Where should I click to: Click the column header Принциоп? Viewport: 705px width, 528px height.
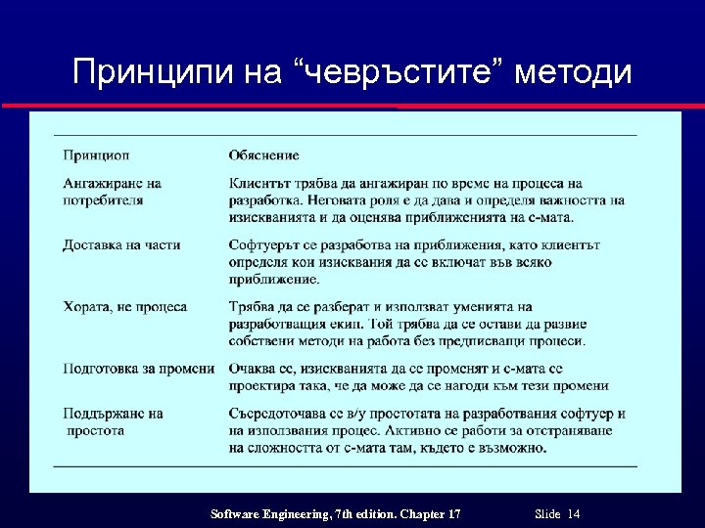click(96, 155)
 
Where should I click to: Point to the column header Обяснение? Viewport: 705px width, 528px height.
click(263, 155)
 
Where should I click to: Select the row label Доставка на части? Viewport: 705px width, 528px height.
click(121, 244)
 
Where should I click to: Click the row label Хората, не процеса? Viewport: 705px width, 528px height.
click(124, 307)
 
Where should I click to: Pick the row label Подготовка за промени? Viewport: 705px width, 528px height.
click(138, 369)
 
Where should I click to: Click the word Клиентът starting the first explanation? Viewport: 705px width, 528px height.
click(261, 183)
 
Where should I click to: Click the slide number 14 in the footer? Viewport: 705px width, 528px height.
click(574, 514)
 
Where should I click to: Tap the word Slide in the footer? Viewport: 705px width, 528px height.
click(548, 514)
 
